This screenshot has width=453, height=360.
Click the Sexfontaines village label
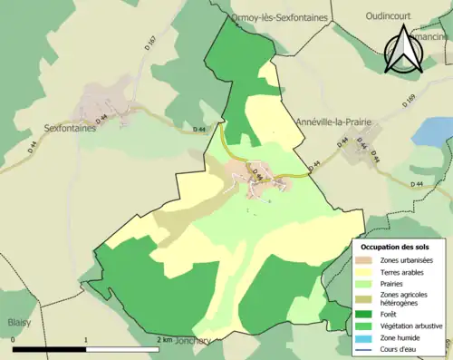tap(70, 128)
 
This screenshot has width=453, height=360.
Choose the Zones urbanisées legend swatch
tap(365, 259)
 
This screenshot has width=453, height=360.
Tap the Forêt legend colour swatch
tap(365, 315)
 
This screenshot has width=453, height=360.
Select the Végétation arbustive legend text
tap(413, 326)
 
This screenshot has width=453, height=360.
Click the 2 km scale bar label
tap(163, 340)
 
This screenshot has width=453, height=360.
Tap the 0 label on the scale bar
tap(14, 340)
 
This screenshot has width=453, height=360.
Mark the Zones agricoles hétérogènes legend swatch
tap(365, 299)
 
